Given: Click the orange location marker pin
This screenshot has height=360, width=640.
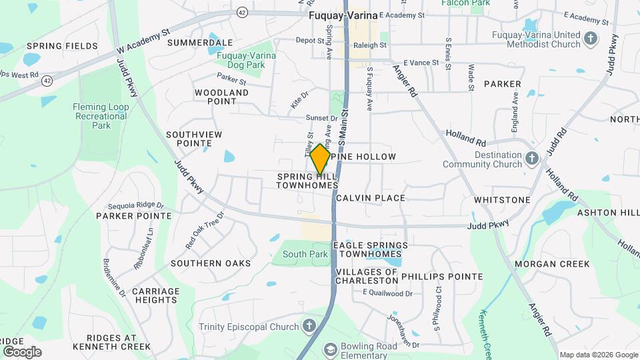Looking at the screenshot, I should pyautogui.click(x=320, y=159).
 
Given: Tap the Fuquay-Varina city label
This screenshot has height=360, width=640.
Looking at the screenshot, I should pyautogui.click(x=343, y=14).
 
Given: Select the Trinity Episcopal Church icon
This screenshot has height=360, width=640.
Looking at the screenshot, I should pyautogui.click(x=309, y=326).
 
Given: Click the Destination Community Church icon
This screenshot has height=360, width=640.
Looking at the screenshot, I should pyautogui.click(x=531, y=158).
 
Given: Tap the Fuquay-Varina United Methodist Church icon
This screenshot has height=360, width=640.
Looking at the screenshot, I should pyautogui.click(x=589, y=39).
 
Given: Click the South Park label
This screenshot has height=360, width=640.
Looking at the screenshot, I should pyautogui.click(x=305, y=254).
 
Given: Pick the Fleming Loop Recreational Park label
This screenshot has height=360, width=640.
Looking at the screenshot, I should pyautogui.click(x=101, y=116).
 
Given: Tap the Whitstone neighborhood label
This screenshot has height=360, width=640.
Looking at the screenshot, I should pyautogui.click(x=501, y=200).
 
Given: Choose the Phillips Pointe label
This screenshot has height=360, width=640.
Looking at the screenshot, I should pyautogui.click(x=442, y=277).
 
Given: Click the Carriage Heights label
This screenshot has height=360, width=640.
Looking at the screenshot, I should pyautogui.click(x=155, y=295).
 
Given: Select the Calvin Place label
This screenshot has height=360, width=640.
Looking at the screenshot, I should pyautogui.click(x=371, y=198).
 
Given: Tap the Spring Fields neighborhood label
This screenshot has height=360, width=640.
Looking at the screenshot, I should pyautogui.click(x=62, y=46).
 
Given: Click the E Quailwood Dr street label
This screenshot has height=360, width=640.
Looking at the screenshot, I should pyautogui.click(x=387, y=293).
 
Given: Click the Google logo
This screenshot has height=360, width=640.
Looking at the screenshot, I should pyautogui.click(x=22, y=351).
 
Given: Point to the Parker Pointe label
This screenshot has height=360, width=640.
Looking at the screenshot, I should pyautogui.click(x=134, y=216).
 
